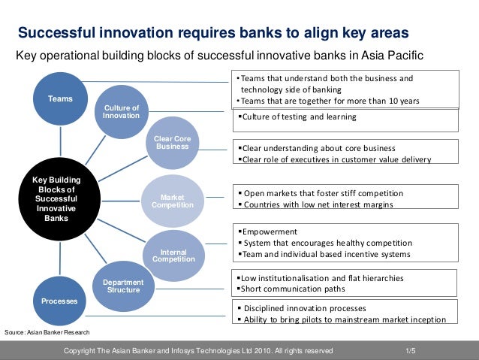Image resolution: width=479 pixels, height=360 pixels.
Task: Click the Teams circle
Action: (60, 99)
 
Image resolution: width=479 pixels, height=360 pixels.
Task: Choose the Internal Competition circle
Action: (173, 255)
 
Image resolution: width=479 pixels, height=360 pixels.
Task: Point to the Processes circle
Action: (59, 301)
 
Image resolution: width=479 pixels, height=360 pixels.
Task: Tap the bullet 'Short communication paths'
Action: (292, 289)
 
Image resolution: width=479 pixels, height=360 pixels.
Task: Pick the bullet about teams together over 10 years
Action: (327, 101)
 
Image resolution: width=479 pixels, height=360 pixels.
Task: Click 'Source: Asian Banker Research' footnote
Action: (47, 331)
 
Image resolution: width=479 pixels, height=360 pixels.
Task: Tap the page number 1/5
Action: (410, 351)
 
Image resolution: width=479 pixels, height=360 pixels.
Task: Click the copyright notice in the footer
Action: (198, 351)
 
